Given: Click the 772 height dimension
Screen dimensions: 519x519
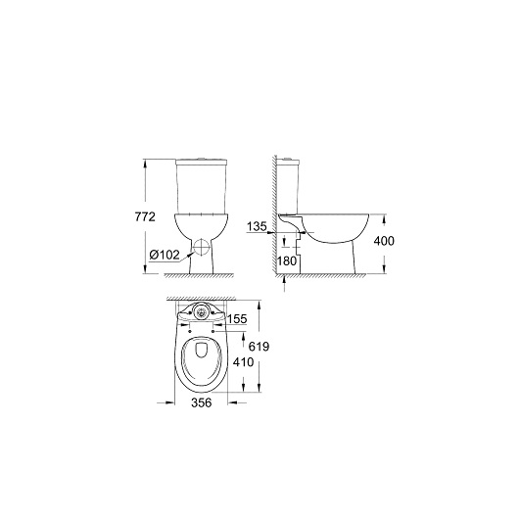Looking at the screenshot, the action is pyautogui.click(x=145, y=216).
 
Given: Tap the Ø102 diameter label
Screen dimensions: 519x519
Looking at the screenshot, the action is pyautogui.click(x=165, y=255).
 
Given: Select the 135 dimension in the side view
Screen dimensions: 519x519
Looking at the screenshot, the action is pyautogui.click(x=257, y=226).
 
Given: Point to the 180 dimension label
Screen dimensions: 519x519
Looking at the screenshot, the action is pyautogui.click(x=287, y=261).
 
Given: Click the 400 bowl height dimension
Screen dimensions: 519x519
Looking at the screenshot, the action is pyautogui.click(x=384, y=241).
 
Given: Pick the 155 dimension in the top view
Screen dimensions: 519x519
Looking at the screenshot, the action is pyautogui.click(x=237, y=319).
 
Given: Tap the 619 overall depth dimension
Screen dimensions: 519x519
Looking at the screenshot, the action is pyautogui.click(x=259, y=347).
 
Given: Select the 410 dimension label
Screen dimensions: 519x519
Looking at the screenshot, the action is pyautogui.click(x=243, y=362).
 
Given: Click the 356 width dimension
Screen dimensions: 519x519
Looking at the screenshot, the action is pyautogui.click(x=202, y=402).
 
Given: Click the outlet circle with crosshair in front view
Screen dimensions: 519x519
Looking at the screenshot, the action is pyautogui.click(x=202, y=247).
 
